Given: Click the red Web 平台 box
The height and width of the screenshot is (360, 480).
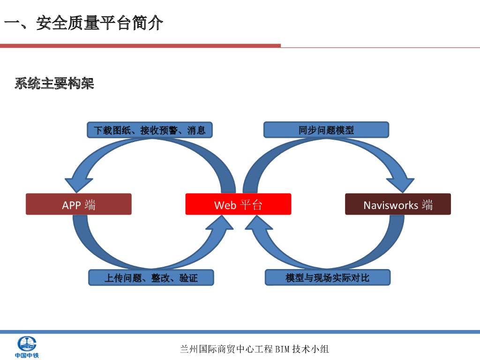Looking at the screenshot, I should [238, 204].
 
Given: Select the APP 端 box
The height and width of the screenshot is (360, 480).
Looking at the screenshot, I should [79, 204].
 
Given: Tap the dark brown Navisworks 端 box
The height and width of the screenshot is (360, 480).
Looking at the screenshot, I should [398, 204].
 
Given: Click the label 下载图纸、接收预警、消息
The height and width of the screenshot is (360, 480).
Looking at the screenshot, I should [150, 130].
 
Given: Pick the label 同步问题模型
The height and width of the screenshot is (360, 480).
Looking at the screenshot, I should [326, 130].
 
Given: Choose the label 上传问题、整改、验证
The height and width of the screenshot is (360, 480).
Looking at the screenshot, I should [151, 277].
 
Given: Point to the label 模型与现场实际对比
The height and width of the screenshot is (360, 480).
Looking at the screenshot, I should [328, 277].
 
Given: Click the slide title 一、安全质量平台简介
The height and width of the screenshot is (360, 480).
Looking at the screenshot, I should [84, 23].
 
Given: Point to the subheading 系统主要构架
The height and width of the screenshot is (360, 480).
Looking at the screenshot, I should [54, 83].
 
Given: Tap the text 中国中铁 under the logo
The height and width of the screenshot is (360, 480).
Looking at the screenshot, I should [27, 355].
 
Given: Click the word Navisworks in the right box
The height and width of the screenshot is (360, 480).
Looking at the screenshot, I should [390, 205].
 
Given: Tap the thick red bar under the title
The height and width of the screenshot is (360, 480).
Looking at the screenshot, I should [140, 45].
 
